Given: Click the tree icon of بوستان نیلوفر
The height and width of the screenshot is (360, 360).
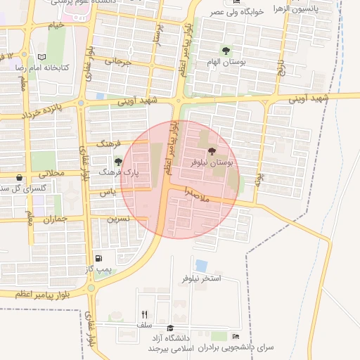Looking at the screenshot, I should coord(212,151).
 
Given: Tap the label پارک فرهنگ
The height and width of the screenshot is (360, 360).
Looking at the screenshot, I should coord(116,171).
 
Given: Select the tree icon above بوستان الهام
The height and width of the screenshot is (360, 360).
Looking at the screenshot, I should coord(226,51).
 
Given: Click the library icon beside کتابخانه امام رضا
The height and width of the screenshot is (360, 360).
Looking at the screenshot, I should coord(42,57).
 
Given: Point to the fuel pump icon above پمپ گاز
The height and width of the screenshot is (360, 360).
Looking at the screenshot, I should coord(98,259).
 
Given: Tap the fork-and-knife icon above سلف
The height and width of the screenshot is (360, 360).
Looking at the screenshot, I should coord(145,315).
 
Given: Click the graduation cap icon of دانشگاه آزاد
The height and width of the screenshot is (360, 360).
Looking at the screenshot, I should coord(169,328).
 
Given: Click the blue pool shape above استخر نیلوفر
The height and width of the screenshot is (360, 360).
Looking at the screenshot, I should coord(202,266).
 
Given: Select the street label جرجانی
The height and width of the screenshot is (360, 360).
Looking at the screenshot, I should coord(118,61).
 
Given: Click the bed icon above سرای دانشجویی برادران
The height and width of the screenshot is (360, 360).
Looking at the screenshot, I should coord(235,336).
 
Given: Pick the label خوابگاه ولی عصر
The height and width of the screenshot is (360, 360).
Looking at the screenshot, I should coord(234,13).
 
